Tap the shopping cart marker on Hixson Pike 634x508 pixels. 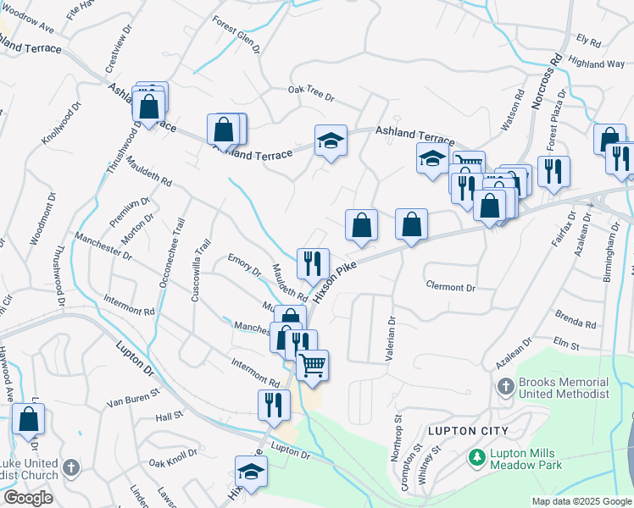pos(313,365)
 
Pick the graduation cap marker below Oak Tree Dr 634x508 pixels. pos(331,141)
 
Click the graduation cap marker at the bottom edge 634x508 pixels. pos(251,472)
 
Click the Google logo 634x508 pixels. pos(28,498)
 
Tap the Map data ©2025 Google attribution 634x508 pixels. pos(581,501)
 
